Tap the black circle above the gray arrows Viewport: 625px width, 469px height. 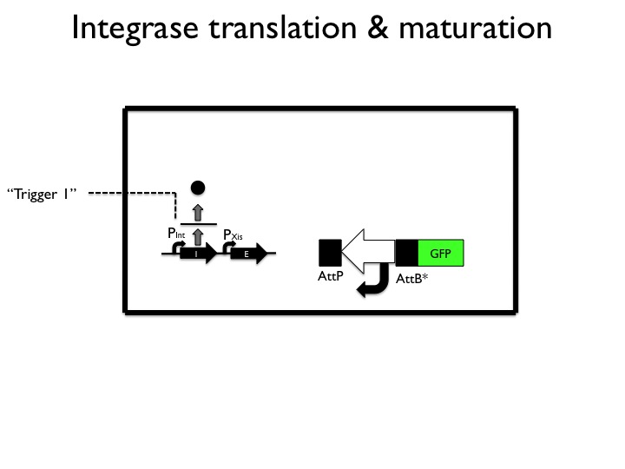coord(198,187)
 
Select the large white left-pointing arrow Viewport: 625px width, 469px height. coord(368,252)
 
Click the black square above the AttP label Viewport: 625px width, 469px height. coord(330,253)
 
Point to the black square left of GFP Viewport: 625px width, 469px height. coord(407,253)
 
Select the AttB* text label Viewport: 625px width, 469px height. coord(412,280)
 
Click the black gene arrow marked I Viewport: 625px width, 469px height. coord(199,254)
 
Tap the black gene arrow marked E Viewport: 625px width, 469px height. coord(247,254)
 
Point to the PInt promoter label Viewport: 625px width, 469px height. coord(176,233)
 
